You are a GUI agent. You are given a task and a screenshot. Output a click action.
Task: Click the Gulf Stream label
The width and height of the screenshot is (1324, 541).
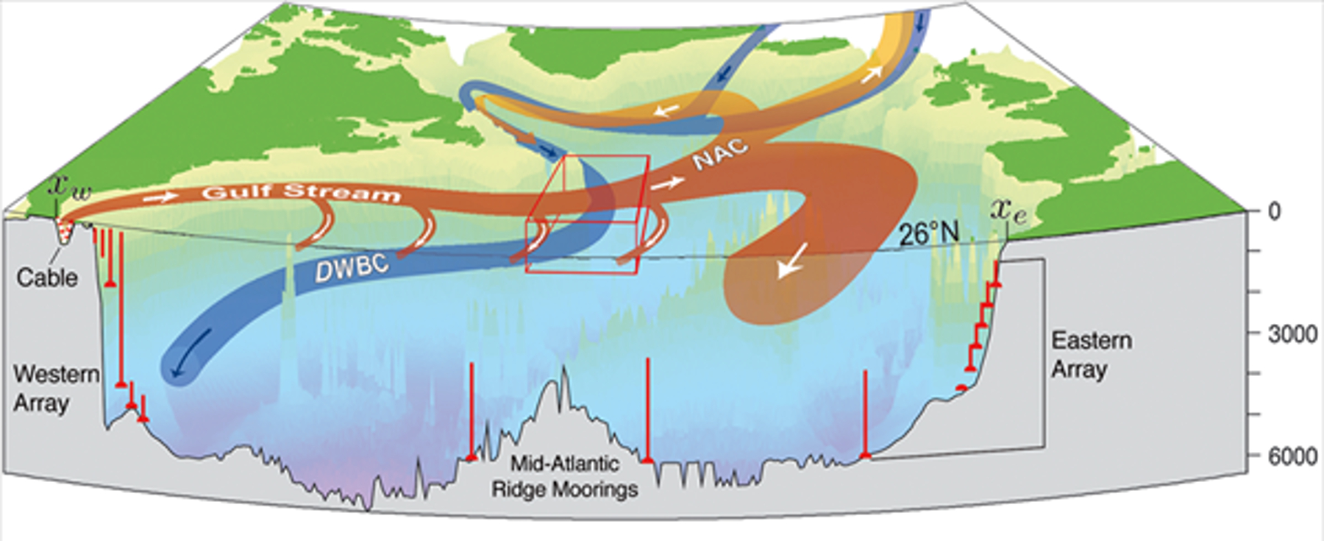coord(302,192)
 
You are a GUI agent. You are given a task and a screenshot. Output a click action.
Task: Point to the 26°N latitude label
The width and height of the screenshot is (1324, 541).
coord(929,234)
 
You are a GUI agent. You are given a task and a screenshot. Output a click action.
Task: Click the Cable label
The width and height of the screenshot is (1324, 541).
coord(47,277)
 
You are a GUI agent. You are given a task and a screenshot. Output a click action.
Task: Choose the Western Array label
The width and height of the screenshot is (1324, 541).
coord(55,388)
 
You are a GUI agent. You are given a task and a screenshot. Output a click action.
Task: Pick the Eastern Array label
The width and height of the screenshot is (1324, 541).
coord(1091,354)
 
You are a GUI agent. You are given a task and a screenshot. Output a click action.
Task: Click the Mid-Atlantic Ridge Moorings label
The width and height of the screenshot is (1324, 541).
coord(564,476)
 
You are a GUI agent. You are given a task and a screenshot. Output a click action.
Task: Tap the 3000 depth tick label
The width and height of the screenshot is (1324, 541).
coord(1292,334)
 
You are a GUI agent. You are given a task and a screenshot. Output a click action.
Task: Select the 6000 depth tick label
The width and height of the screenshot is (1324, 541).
coord(1292,456)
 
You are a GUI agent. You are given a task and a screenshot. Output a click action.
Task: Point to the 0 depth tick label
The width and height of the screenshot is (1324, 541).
coord(1274,212)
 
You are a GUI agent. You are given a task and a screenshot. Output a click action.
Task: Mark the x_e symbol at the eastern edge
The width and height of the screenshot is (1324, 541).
coord(1008,211)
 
